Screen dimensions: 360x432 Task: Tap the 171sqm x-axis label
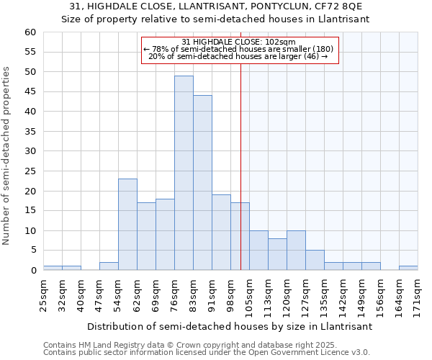click(418, 294)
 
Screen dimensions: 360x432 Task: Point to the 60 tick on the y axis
click(30, 32)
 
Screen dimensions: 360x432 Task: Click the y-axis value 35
click(30, 132)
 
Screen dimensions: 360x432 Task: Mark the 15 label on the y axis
click(30, 211)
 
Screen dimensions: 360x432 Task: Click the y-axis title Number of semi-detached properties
click(7, 156)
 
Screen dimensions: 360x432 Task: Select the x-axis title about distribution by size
click(230, 326)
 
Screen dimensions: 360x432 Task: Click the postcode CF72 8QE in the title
click(332, 7)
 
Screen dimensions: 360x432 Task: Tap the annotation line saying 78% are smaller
click(239, 49)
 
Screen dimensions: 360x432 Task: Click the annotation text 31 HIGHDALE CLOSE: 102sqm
click(239, 42)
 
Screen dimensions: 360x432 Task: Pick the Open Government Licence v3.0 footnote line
click(207, 352)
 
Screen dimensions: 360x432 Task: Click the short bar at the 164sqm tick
click(408, 268)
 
